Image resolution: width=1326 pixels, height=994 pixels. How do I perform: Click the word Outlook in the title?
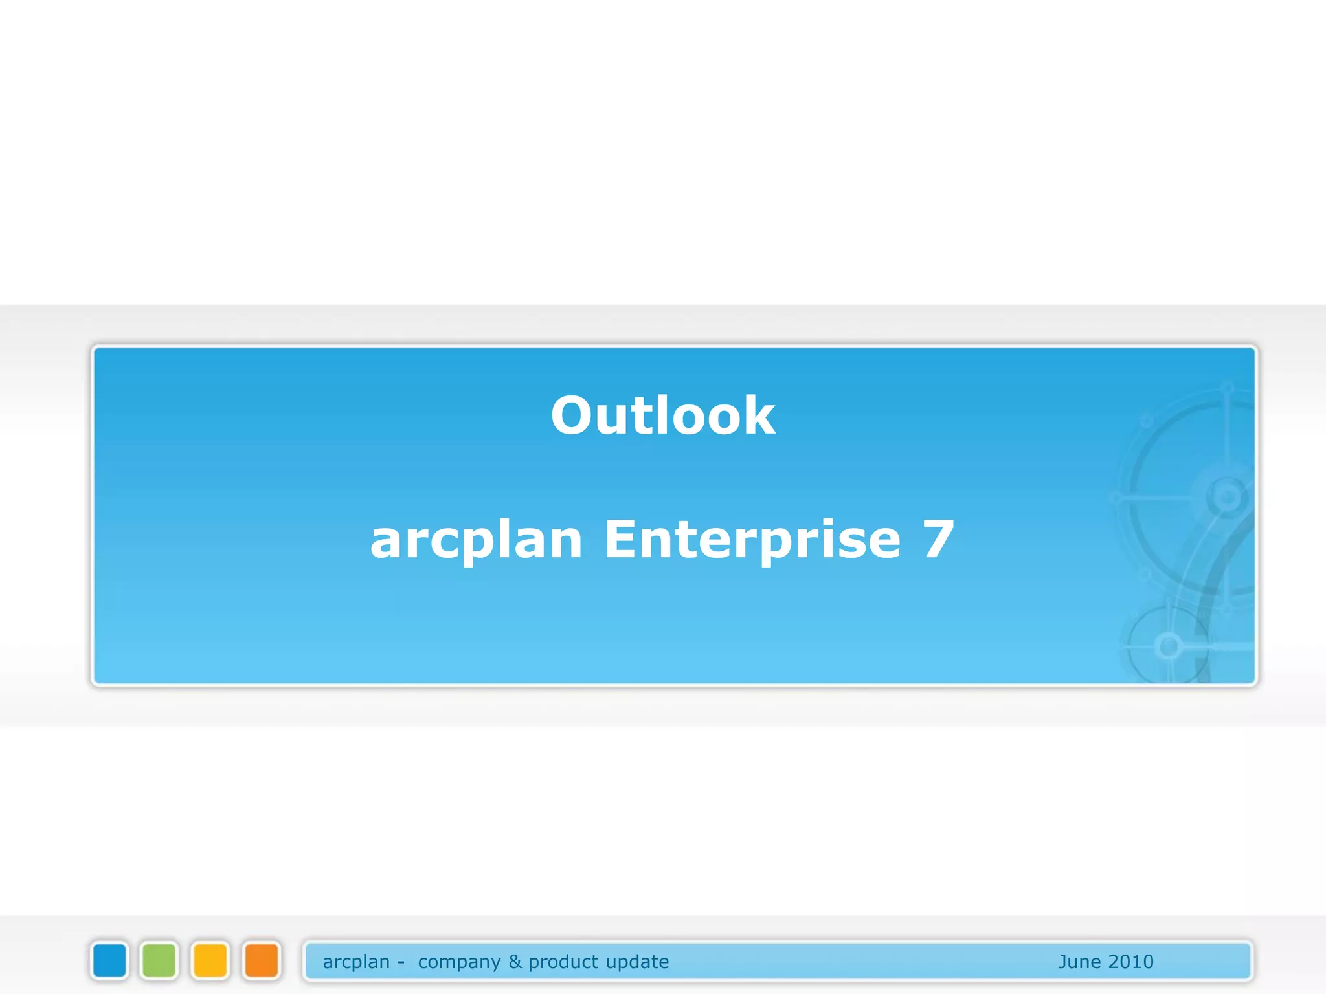click(662, 415)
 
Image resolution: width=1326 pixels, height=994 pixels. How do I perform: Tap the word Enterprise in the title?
click(752, 540)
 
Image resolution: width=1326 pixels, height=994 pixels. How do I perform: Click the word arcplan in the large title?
click(476, 541)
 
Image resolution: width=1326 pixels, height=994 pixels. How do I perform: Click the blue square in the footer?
click(109, 960)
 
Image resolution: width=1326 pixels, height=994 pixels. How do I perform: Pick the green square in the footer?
click(159, 960)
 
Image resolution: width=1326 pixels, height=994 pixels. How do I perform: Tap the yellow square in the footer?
click(210, 960)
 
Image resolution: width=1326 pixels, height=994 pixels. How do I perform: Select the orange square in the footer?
click(262, 960)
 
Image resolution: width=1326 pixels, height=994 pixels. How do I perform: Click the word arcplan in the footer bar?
click(356, 962)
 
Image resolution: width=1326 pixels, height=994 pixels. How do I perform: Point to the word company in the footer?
click(459, 962)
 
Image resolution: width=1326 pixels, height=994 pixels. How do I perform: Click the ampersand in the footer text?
click(515, 962)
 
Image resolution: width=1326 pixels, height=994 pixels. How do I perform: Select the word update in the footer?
click(637, 962)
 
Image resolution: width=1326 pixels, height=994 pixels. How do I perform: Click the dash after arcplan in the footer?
click(401, 963)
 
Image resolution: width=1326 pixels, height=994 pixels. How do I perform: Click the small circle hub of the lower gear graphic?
click(1169, 646)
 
